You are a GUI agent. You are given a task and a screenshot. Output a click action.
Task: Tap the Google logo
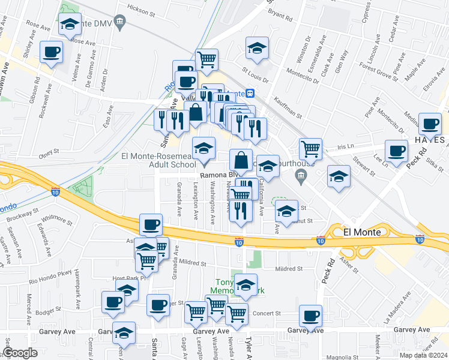pos(20,353)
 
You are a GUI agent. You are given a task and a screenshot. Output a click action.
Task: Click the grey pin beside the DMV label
pos(120,23)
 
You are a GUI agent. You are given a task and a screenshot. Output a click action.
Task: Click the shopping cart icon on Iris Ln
pos(310,148)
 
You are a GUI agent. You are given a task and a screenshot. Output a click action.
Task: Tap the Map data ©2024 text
pos(421,355)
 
